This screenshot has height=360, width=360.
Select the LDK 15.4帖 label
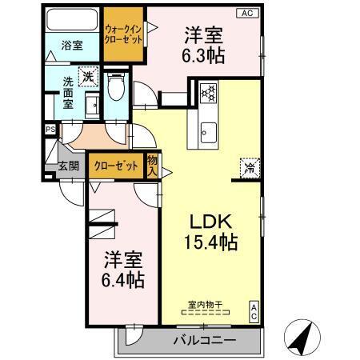click(x=211, y=231)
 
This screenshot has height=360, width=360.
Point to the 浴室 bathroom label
click(x=73, y=46)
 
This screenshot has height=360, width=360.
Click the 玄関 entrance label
click(x=68, y=166)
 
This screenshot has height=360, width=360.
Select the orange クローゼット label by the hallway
click(x=115, y=166)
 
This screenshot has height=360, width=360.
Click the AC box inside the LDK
click(x=254, y=311)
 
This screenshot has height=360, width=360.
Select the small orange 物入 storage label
click(x=153, y=166)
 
